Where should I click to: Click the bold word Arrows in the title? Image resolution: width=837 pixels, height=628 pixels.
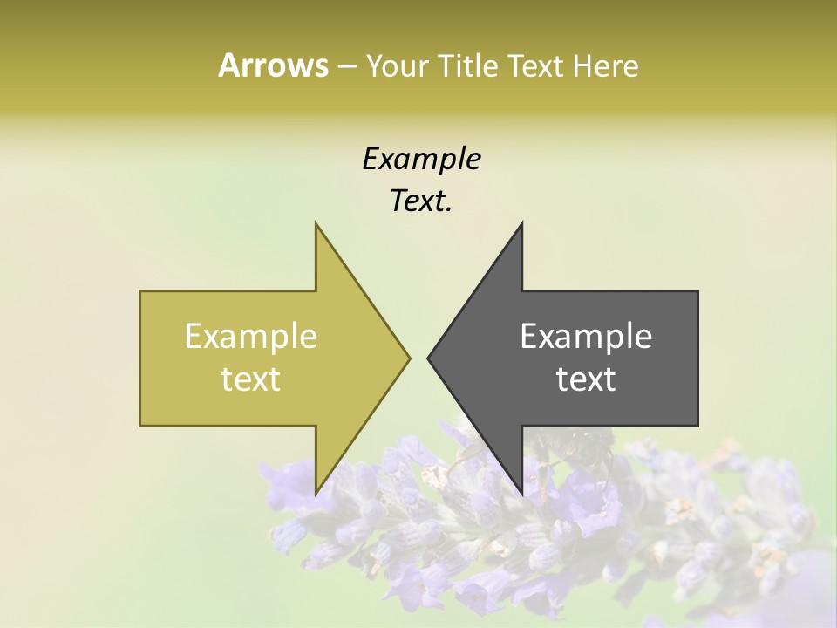pyautogui.click(x=273, y=66)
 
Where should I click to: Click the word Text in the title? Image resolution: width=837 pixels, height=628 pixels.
pyautogui.click(x=535, y=66)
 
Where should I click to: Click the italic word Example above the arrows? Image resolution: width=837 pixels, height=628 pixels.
pyautogui.click(x=421, y=160)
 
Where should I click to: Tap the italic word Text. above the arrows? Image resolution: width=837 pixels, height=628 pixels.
pyautogui.click(x=421, y=201)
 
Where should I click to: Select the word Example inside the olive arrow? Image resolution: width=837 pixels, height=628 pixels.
pyautogui.click(x=251, y=337)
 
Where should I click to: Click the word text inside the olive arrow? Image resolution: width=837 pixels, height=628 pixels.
pyautogui.click(x=251, y=379)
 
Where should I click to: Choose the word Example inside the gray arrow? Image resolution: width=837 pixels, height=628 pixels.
pyautogui.click(x=586, y=337)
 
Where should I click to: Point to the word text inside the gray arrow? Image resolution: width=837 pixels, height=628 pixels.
pyautogui.click(x=586, y=379)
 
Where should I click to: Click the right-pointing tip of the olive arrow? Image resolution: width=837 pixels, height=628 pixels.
pyautogui.click(x=408, y=358)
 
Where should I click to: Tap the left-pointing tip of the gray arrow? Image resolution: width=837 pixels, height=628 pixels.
pyautogui.click(x=430, y=358)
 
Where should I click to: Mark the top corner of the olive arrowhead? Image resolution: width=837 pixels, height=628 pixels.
pyautogui.click(x=316, y=225)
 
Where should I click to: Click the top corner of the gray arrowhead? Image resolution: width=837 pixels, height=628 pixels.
pyautogui.click(x=521, y=225)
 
